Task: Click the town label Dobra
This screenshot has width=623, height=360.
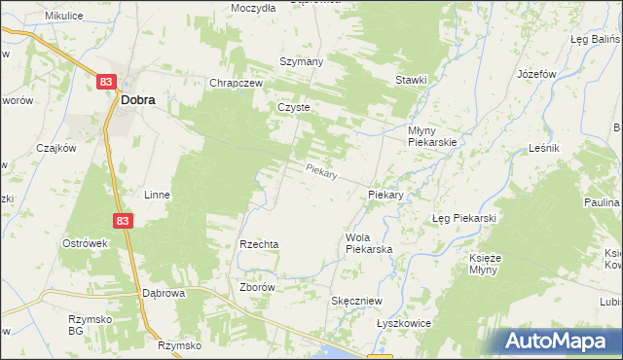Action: tap(137, 98)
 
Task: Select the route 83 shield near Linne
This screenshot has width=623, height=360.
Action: tap(122, 222)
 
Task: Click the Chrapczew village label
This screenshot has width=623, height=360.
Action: tap(237, 84)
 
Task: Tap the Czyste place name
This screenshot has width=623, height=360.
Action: tap(293, 108)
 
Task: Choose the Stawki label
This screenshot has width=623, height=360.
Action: tap(411, 80)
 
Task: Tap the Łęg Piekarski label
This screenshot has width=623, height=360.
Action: tap(464, 218)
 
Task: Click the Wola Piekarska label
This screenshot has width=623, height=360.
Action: tap(368, 243)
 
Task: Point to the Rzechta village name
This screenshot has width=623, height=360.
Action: tap(260, 244)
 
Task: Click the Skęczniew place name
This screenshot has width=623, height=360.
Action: tap(356, 302)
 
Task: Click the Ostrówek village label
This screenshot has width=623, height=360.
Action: tap(84, 242)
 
